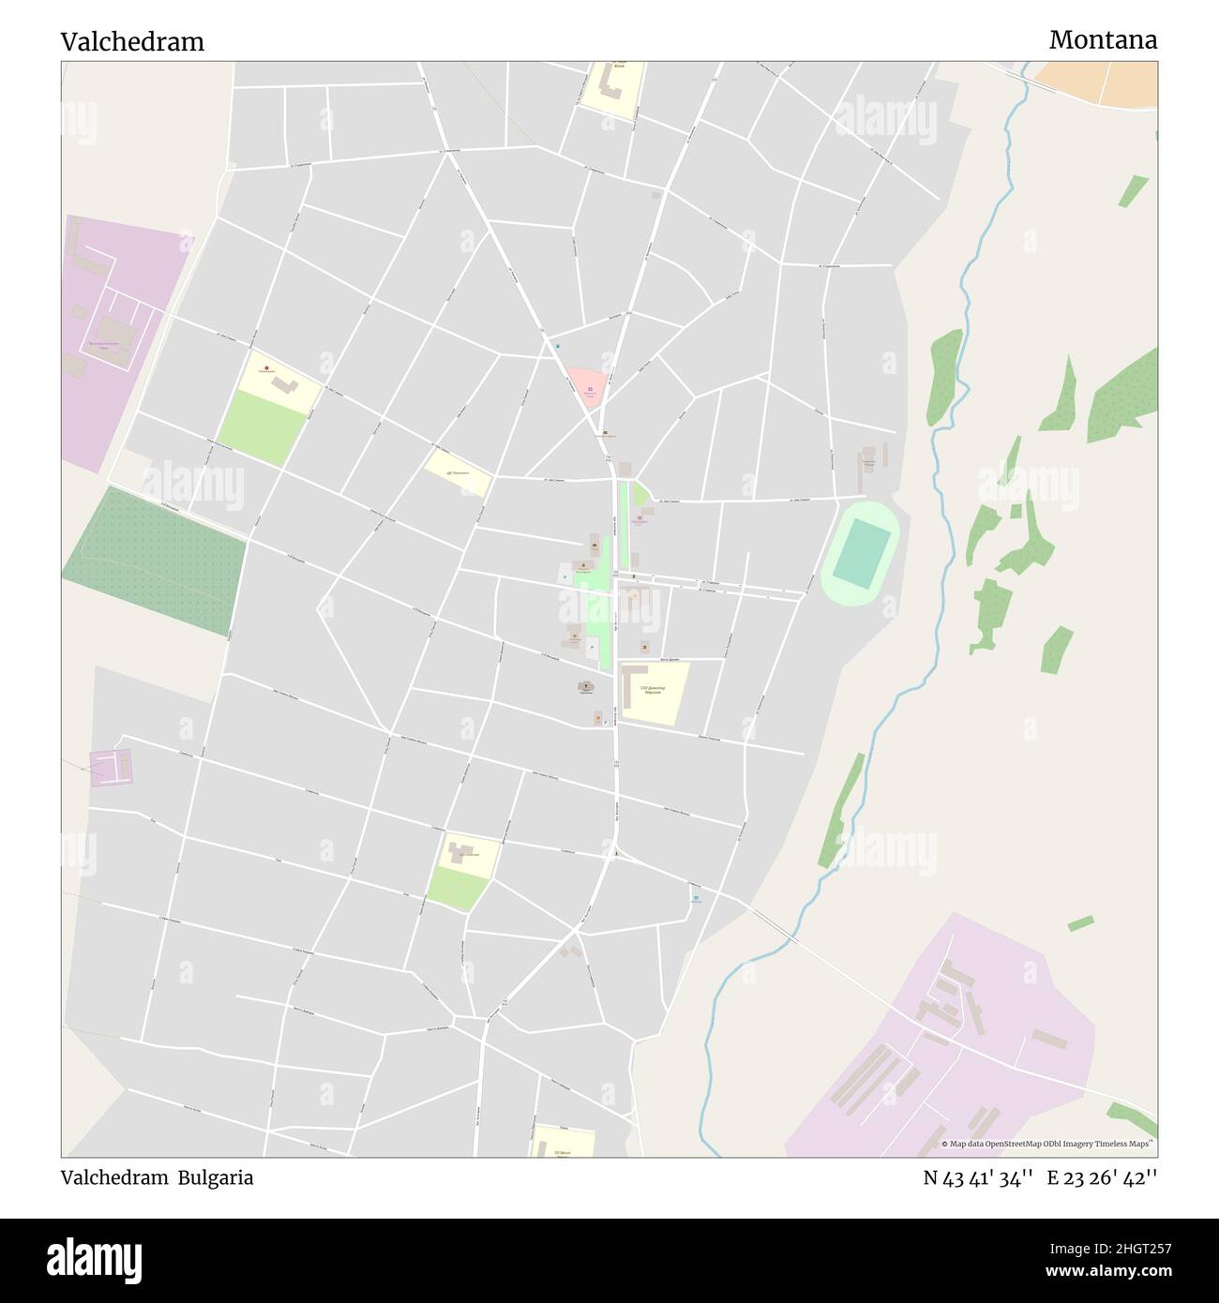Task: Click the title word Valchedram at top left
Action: point(132,42)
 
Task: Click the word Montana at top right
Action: point(1103,40)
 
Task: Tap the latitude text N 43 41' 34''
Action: point(978,1177)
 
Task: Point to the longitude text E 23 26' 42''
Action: point(1102,1177)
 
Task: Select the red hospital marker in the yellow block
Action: point(266,368)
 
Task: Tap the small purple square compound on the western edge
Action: point(112,767)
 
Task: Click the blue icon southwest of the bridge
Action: point(696,898)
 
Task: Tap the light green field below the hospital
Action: point(263,427)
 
